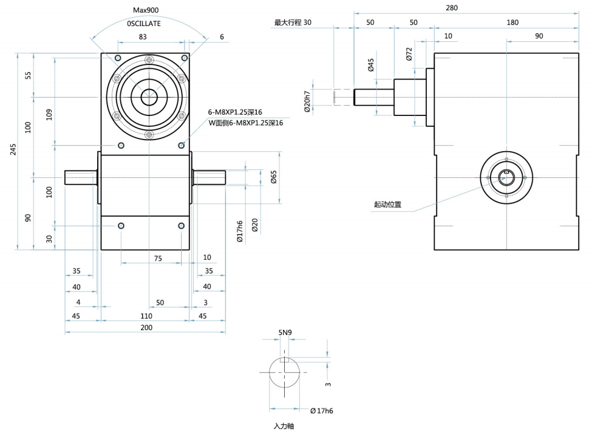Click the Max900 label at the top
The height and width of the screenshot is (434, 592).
(x=146, y=10)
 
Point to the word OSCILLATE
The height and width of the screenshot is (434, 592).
(x=144, y=23)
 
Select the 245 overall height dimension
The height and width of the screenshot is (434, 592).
(x=13, y=151)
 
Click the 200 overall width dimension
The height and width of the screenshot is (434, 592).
(x=145, y=327)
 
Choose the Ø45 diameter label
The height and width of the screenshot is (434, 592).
(x=371, y=65)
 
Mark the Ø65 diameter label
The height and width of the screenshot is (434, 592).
(x=273, y=177)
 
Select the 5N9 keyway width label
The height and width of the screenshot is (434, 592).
(x=285, y=333)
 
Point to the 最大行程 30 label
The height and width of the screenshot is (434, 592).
(x=293, y=22)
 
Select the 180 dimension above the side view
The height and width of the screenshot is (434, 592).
(x=512, y=22)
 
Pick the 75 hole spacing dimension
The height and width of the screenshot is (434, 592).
(x=158, y=258)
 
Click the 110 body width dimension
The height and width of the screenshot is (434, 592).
(x=146, y=316)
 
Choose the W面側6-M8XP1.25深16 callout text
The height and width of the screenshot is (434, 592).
(x=245, y=123)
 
